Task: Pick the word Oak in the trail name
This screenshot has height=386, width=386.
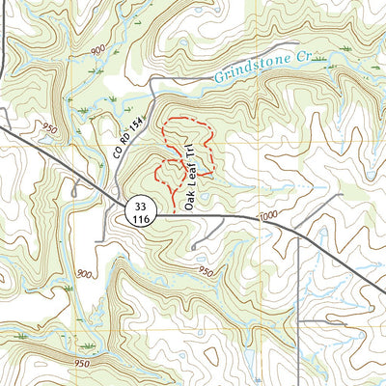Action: coord(189,201)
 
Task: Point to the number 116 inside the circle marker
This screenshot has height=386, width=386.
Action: coord(141,220)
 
